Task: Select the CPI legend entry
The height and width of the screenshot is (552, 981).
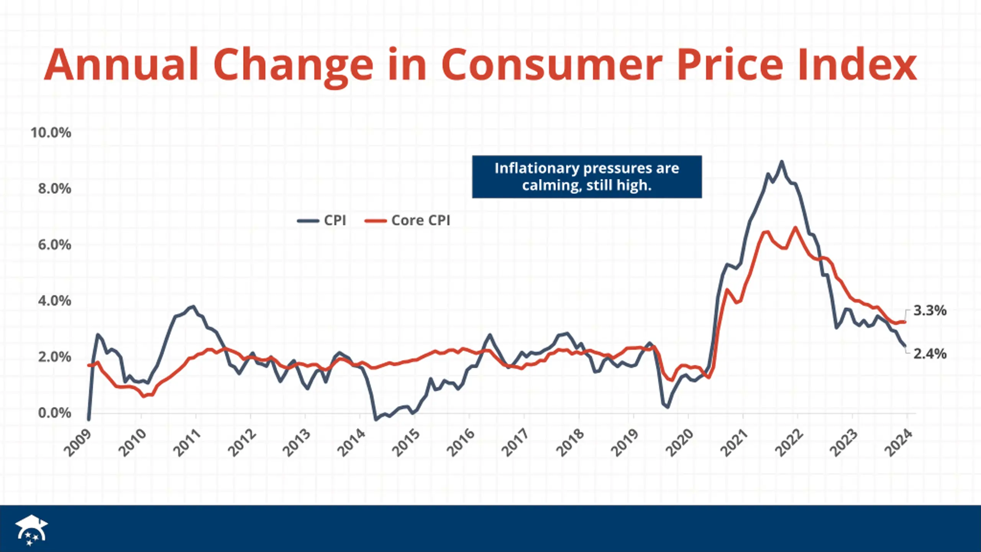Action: coord(322,220)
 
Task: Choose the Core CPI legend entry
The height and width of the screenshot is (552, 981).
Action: coord(408,220)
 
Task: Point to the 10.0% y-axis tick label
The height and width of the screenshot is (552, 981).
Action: coord(51,133)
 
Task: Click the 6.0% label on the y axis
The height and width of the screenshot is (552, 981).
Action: coord(54,245)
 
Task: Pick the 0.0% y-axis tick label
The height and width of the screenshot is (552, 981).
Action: coord(54,413)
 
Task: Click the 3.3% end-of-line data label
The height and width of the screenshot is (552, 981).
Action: coord(930,310)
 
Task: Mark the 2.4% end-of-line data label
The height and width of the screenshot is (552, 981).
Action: coord(930,353)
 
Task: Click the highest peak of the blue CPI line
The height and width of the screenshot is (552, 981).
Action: coord(782,162)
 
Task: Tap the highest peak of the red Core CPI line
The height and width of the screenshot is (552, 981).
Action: coord(796,228)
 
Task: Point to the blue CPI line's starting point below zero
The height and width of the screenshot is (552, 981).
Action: coord(89,419)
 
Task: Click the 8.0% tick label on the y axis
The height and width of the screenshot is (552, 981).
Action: coord(54,189)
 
